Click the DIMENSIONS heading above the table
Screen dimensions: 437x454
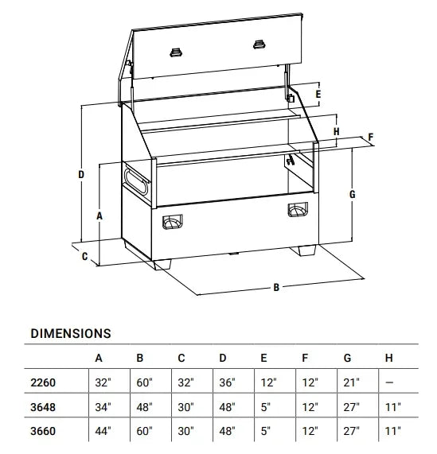[x=71, y=334]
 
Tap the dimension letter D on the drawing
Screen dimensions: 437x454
[x=81, y=175]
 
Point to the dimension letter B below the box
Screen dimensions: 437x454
[x=276, y=287]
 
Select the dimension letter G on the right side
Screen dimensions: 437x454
[x=352, y=194]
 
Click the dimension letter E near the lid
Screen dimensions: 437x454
[x=318, y=95]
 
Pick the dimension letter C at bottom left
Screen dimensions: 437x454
[x=84, y=257]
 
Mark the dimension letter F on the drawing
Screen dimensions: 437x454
[x=371, y=137]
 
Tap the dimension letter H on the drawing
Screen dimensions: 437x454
[x=336, y=131]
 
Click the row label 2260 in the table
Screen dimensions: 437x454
[x=43, y=382]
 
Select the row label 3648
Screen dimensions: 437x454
[x=43, y=407]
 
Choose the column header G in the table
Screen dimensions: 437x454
[x=347, y=358]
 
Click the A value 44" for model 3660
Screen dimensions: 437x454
[x=103, y=431]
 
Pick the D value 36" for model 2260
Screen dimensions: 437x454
[x=227, y=382]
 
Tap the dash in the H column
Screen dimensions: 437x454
[x=389, y=382]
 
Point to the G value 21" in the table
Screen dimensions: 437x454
[x=351, y=382]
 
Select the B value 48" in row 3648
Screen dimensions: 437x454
[x=144, y=407]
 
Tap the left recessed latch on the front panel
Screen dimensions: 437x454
[x=172, y=222]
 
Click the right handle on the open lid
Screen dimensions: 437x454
[x=259, y=45]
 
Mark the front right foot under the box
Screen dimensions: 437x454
[x=303, y=250]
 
